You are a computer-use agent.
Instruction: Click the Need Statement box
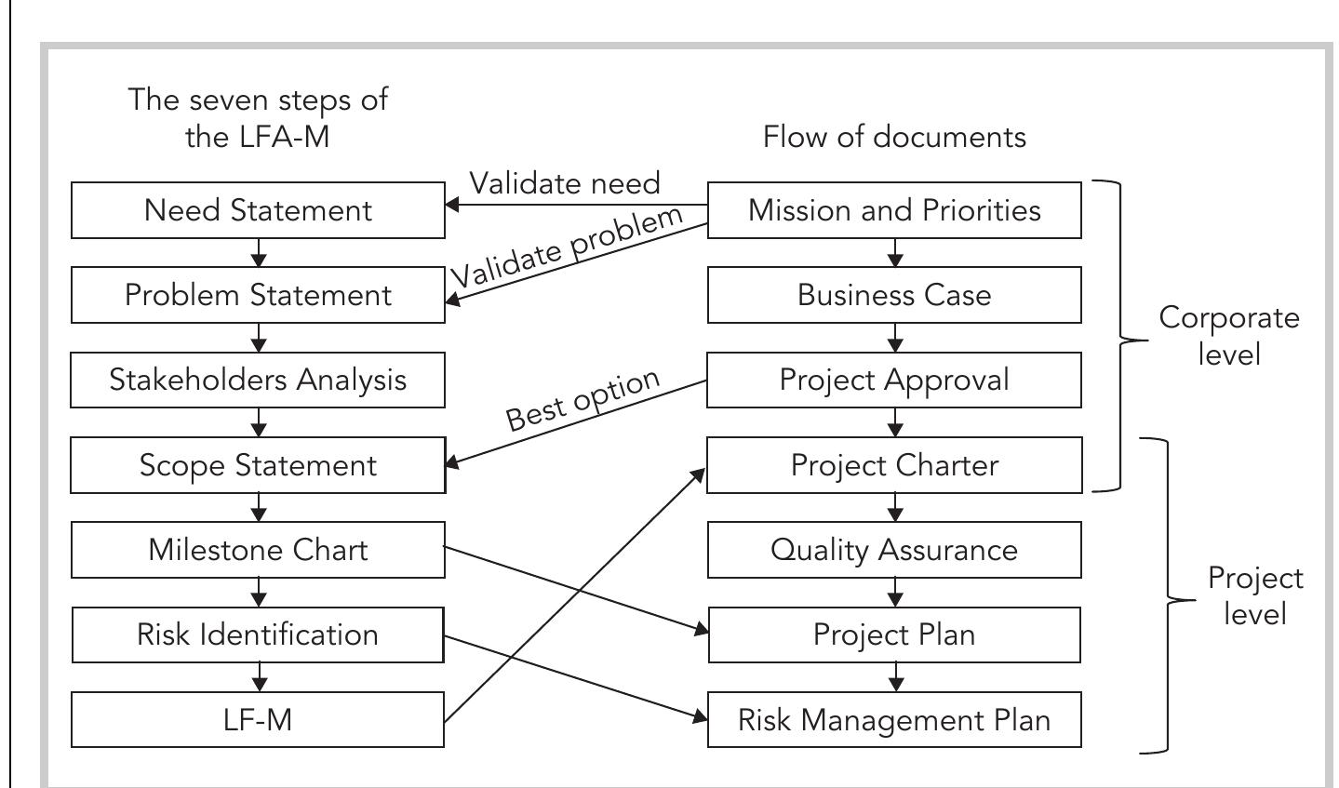[x=258, y=210]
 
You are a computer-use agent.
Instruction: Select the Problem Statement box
[x=258, y=295]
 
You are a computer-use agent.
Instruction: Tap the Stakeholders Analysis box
[x=258, y=380]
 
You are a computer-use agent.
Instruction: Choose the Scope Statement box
[x=258, y=465]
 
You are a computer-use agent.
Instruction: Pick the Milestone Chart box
[x=258, y=550]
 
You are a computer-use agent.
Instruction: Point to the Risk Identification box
[x=258, y=634]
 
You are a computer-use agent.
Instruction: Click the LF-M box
[x=258, y=719]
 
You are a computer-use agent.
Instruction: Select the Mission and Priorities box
[x=894, y=210]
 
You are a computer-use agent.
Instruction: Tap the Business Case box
[x=894, y=295]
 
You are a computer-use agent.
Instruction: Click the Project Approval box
[x=894, y=380]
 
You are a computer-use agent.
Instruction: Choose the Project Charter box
[x=894, y=465]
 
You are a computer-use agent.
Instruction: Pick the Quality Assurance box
[x=894, y=550]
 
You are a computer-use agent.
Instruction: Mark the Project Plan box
[x=894, y=634]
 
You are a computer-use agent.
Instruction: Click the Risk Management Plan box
[x=894, y=719]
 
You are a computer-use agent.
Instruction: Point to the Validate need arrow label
[x=565, y=183]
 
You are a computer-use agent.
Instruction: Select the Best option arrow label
[x=583, y=400]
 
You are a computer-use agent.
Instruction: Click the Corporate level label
[x=1229, y=335]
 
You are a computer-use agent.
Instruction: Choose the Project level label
[x=1255, y=595]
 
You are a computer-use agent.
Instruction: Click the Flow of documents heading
[x=894, y=137]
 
